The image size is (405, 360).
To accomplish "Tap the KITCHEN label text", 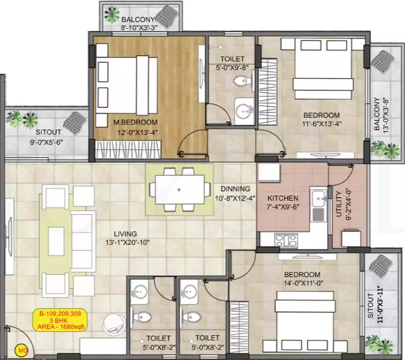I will click(283, 198).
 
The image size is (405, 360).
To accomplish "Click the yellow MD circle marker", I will click(22, 352).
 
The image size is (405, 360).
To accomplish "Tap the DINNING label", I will click(235, 189).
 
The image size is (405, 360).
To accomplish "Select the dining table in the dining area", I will click(179, 189).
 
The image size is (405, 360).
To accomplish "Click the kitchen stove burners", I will click(286, 239).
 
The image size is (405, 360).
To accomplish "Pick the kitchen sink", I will click(318, 197).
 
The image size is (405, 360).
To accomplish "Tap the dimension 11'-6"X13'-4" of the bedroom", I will click(321, 123).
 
